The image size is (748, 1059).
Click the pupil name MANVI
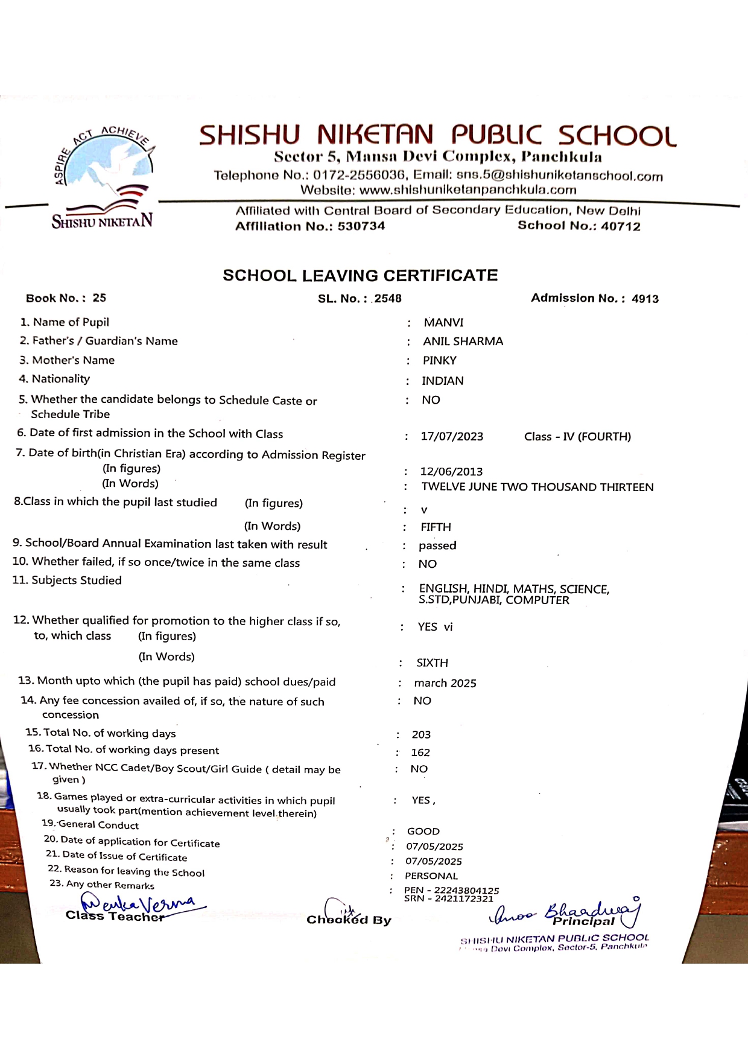pyautogui.click(x=443, y=323)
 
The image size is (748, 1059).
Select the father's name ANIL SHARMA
pyautogui.click(x=463, y=342)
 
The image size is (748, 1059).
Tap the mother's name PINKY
pyautogui.click(x=439, y=361)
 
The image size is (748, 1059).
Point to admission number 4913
pyautogui.click(x=645, y=299)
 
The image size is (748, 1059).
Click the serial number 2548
pyautogui.click(x=387, y=299)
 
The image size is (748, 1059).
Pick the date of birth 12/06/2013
pyautogui.click(x=451, y=472)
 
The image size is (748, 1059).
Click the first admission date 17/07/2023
pyautogui.click(x=452, y=437)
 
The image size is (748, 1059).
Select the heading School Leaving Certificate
pyautogui.click(x=360, y=276)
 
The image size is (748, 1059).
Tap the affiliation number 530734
pyautogui.click(x=361, y=226)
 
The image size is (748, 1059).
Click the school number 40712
pyautogui.click(x=621, y=226)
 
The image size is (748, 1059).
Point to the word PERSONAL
pyautogui.click(x=431, y=876)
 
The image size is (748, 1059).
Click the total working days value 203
pyautogui.click(x=421, y=735)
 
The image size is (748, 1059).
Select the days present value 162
pyautogui.click(x=420, y=753)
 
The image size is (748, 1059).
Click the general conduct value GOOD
pyautogui.click(x=423, y=832)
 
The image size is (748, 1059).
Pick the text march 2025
pyautogui.click(x=445, y=684)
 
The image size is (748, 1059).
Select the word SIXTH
pyautogui.click(x=432, y=663)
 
